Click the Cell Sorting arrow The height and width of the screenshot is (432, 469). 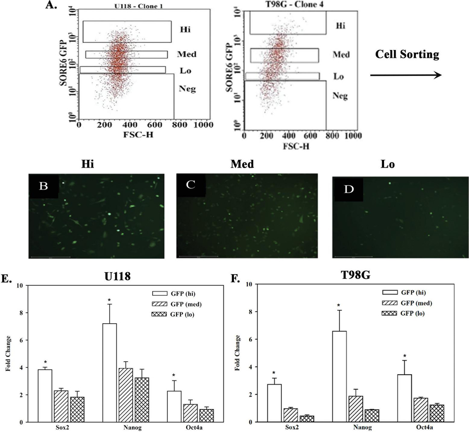click(405, 75)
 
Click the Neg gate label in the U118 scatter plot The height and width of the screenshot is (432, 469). click(188, 89)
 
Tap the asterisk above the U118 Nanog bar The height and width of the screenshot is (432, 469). click(110, 300)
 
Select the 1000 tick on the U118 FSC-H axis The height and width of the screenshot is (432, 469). click(202, 125)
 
